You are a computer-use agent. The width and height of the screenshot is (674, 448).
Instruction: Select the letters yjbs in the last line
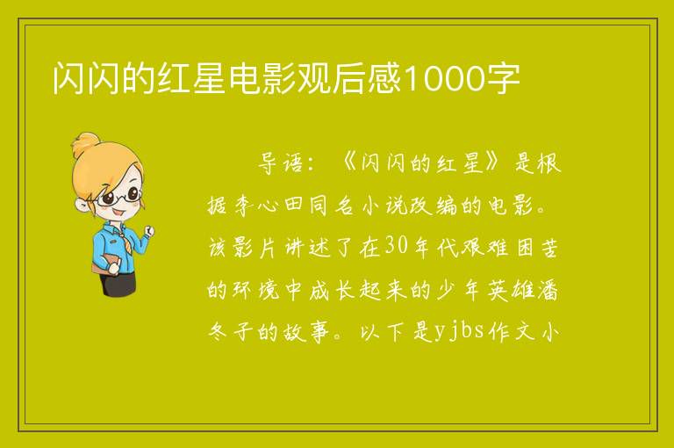pyautogui.click(x=459, y=331)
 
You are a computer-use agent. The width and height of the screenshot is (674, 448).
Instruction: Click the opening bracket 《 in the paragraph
pyautogui.click(x=349, y=163)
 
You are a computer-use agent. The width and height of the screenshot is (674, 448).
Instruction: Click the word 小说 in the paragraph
pyautogui.click(x=384, y=206)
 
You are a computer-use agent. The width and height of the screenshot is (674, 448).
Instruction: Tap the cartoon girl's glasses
pyautogui.click(x=119, y=196)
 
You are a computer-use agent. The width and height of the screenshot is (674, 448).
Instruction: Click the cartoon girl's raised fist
pyautogui.click(x=149, y=231)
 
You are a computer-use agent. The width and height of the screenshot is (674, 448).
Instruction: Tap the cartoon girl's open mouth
pyautogui.click(x=119, y=213)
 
